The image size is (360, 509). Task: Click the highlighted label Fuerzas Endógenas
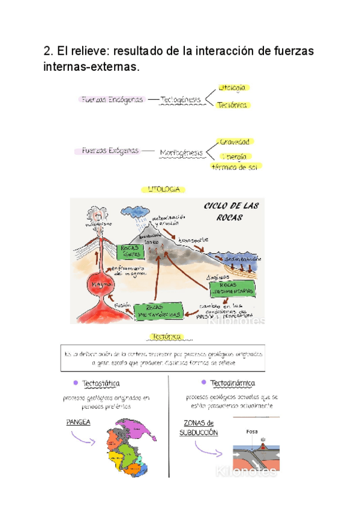(x=112, y=100)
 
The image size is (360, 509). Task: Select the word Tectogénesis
(x=181, y=100)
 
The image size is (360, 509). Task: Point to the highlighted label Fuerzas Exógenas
(x=110, y=151)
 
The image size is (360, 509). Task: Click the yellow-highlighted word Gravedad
(x=234, y=142)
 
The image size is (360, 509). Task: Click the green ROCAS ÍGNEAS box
(x=133, y=250)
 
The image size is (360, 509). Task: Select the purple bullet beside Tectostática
(x=75, y=383)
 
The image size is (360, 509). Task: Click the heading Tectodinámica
(x=233, y=383)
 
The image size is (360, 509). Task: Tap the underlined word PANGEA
(x=79, y=422)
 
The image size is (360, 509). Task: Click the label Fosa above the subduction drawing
(x=252, y=431)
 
